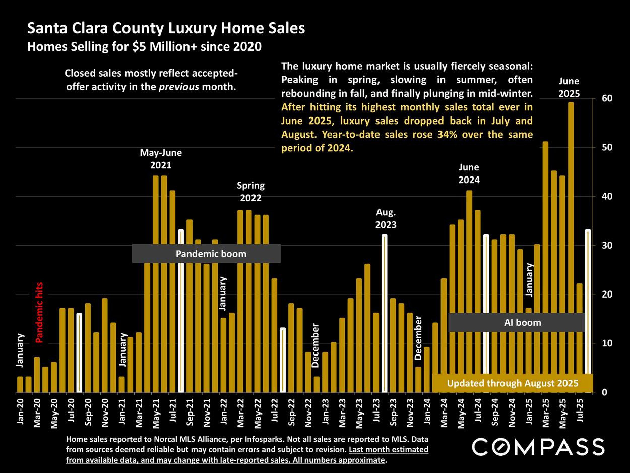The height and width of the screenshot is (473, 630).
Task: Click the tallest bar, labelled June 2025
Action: coord(571,247)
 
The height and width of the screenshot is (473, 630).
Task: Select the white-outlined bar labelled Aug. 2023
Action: coord(385,313)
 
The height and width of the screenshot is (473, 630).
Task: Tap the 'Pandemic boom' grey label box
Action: coord(206,254)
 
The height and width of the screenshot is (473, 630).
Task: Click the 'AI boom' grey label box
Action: coord(517,322)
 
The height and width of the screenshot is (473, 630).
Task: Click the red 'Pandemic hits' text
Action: coord(40,313)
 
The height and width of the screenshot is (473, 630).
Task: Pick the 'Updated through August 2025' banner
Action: coord(512,383)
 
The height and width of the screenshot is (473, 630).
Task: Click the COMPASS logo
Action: coord(538,447)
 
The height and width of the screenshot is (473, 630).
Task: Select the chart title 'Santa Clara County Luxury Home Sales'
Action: coord(166,28)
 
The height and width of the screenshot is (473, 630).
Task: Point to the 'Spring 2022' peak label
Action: coord(250,192)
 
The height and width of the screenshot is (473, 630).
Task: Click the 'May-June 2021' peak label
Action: coord(161,158)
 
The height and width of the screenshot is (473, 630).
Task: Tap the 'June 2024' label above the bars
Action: coord(469,173)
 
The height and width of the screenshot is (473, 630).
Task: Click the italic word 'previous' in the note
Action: coord(179,86)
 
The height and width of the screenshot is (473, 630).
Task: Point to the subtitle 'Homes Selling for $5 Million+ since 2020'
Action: coord(144,47)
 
